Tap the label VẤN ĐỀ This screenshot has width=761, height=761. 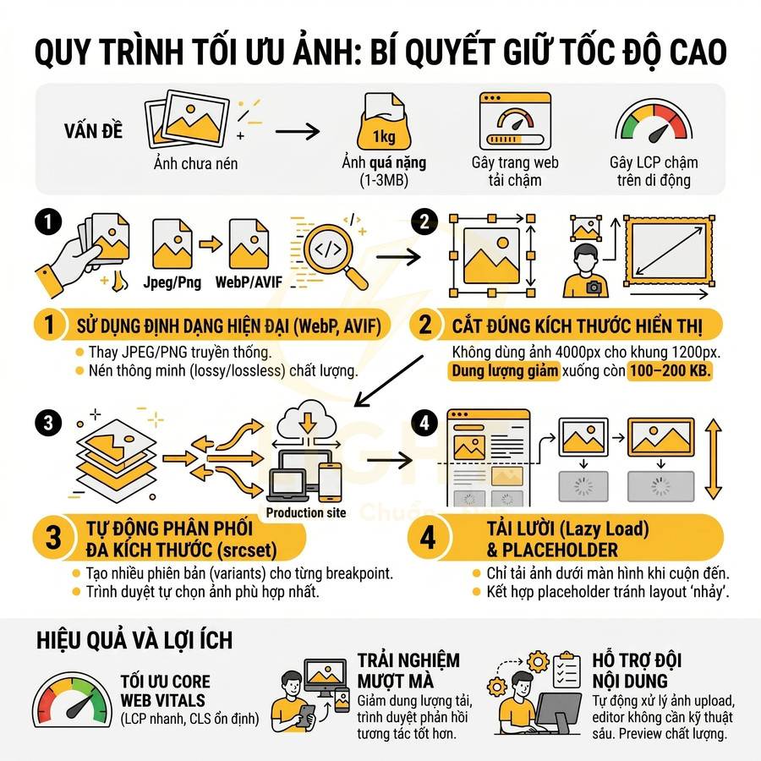coord(93,132)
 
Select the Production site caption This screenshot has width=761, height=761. coord(306,512)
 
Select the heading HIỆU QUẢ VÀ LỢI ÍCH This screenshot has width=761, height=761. coord(135,640)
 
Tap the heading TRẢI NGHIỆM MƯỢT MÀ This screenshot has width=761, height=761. coord(408,671)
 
